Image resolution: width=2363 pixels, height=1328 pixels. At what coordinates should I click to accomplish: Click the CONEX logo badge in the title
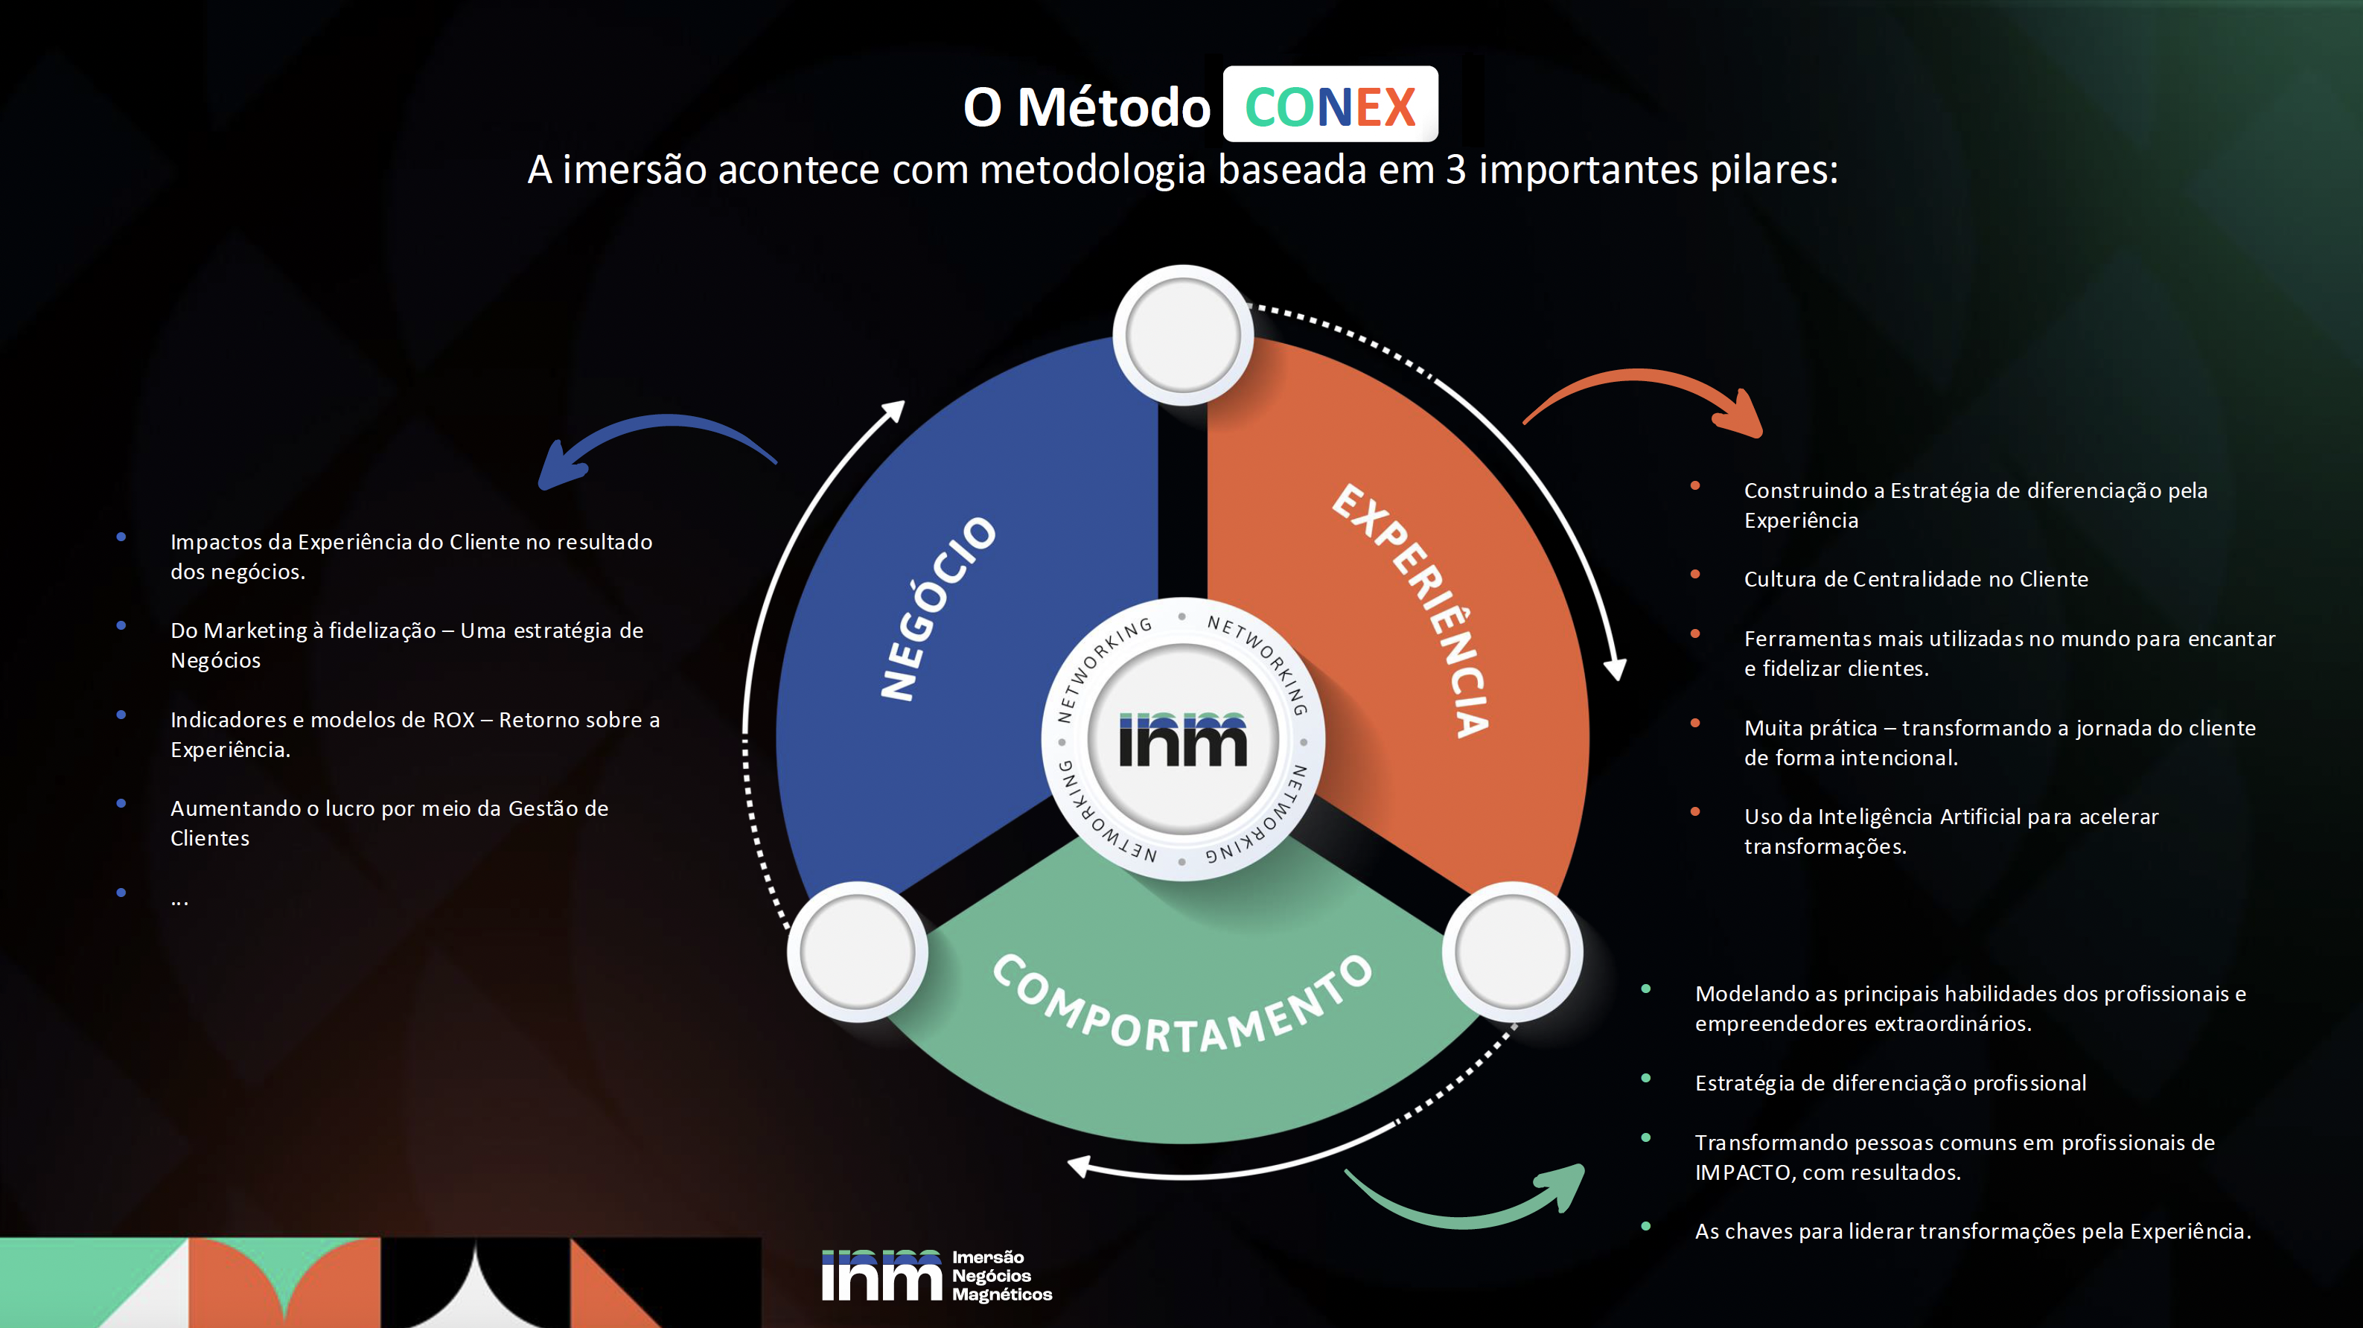[x=1330, y=106]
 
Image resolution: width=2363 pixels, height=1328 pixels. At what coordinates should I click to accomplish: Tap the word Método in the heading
[x=1114, y=108]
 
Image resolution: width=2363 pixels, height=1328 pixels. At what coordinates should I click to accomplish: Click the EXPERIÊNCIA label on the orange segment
[x=1413, y=609]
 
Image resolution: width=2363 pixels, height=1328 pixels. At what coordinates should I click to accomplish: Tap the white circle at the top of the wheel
[x=1182, y=336]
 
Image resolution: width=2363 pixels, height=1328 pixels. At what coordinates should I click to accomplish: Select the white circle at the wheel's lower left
[x=857, y=952]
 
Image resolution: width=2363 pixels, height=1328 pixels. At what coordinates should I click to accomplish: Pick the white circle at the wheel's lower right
[x=1512, y=952]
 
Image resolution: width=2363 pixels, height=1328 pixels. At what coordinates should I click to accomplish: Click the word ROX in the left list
[x=453, y=720]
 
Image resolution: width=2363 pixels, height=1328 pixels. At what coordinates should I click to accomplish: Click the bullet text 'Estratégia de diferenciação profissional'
[x=1890, y=1083]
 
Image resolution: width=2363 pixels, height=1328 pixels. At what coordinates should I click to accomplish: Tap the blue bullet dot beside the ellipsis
[x=121, y=893]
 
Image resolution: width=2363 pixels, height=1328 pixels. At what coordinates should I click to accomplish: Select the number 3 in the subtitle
[x=1455, y=170]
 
